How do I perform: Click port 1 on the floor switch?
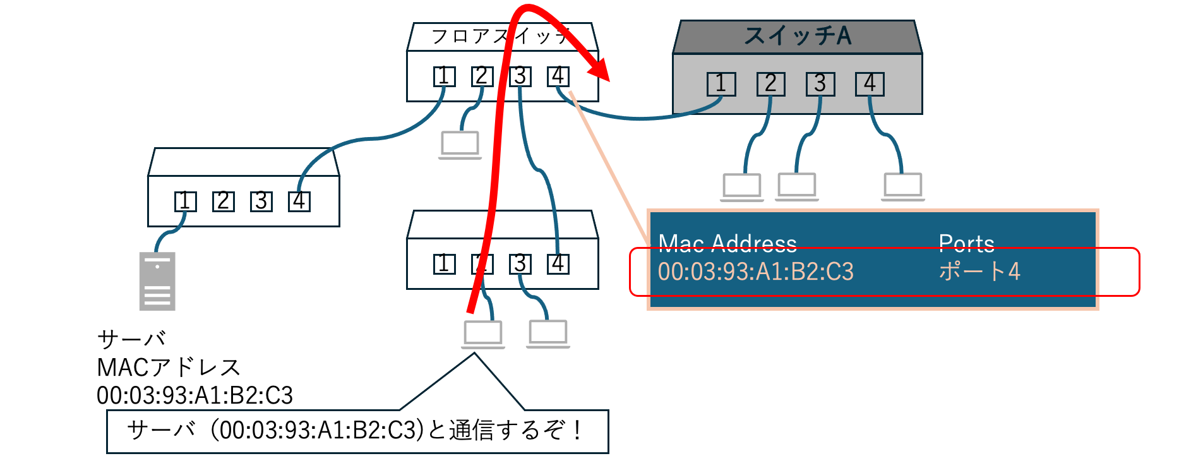444,76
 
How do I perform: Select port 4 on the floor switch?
558,76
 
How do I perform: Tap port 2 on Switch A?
770,84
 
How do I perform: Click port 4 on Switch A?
870,84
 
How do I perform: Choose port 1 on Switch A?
721,84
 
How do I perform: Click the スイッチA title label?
798,36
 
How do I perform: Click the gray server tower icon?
157,282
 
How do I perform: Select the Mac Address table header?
727,243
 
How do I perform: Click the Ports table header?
966,243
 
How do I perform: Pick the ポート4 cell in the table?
979,272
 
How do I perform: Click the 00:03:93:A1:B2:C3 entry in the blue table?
755,272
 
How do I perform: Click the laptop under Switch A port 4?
902,186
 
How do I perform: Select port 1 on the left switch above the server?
185,201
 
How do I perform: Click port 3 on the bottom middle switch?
520,263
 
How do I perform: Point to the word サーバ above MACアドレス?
131,339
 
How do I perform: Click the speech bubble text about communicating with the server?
357,431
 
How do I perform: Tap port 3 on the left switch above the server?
261,201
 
